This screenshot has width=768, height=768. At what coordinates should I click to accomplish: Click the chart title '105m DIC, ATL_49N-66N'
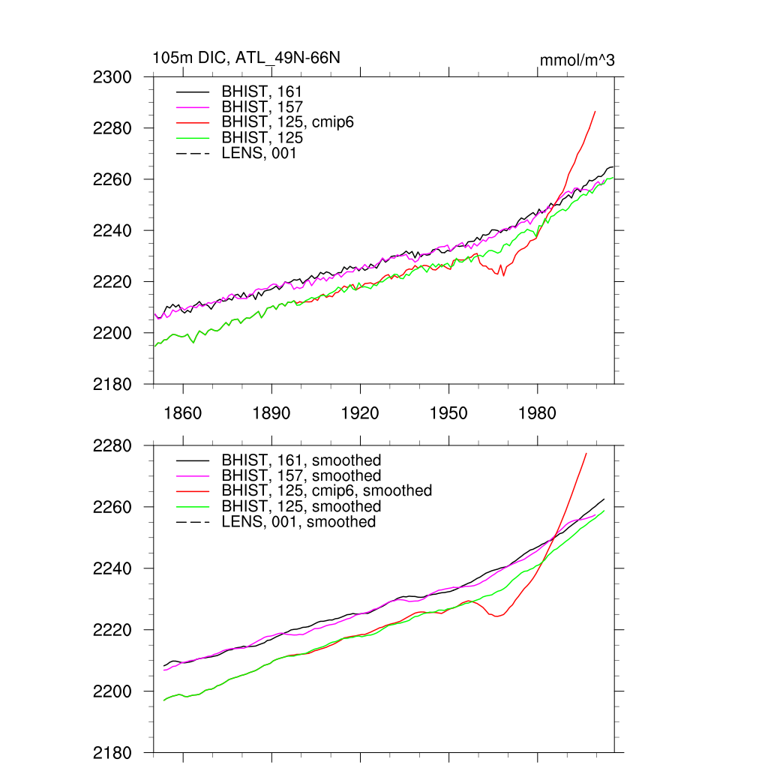click(246, 58)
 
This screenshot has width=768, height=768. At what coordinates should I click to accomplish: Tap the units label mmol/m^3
click(577, 60)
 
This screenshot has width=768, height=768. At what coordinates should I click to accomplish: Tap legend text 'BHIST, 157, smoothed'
click(301, 475)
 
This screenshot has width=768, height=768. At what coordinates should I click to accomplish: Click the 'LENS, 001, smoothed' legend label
click(298, 521)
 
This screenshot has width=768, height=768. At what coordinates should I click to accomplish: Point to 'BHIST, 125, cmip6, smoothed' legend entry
click(326, 490)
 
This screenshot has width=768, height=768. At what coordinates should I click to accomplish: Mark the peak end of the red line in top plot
click(595, 112)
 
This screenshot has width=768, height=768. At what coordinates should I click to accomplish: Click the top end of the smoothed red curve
click(586, 454)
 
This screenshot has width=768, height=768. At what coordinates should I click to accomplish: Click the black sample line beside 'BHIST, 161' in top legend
click(192, 91)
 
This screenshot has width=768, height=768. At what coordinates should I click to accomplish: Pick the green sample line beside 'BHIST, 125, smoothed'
click(192, 506)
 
